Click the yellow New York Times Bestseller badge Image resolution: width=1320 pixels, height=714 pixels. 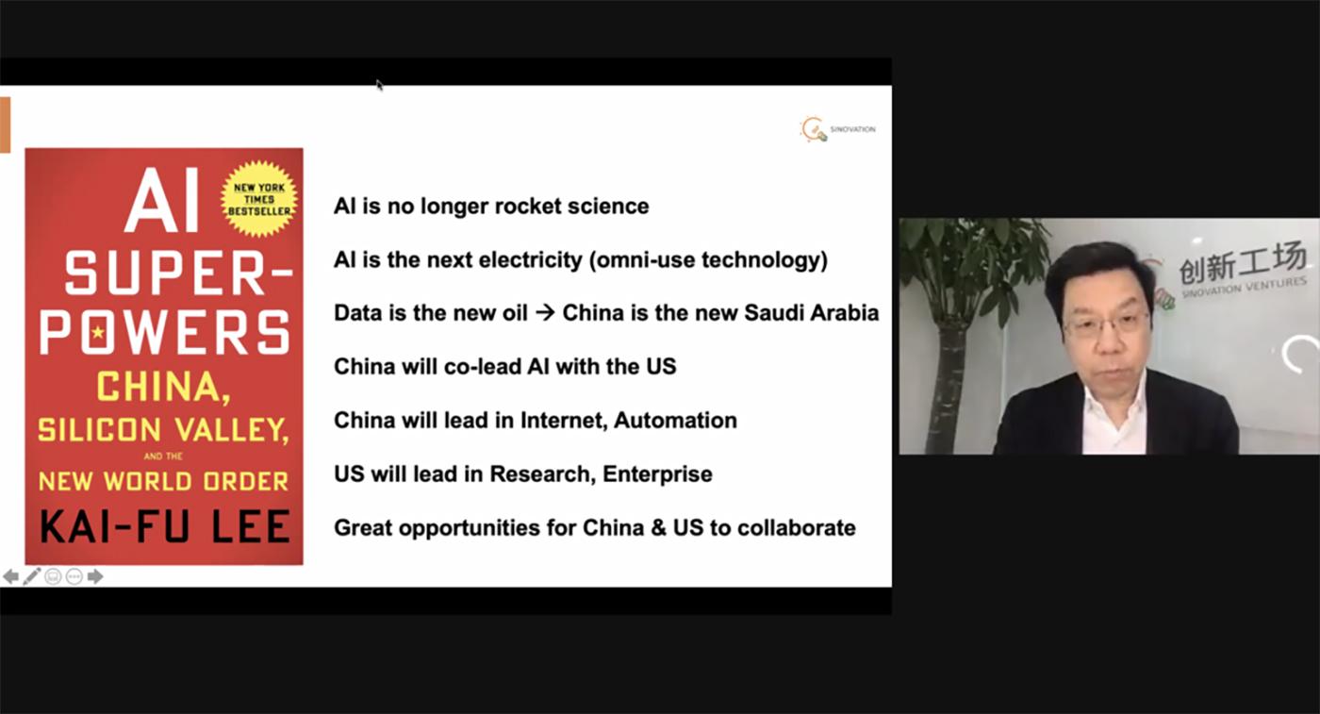point(259,199)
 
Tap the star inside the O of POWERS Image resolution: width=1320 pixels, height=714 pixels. point(98,333)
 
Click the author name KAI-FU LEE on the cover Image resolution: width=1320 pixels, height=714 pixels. point(164,526)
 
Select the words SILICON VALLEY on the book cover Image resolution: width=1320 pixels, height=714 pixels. point(163,429)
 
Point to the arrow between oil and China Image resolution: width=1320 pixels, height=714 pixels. point(545,312)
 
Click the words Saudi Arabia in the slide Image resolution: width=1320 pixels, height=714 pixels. point(812,312)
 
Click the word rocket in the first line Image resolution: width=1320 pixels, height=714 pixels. point(527,207)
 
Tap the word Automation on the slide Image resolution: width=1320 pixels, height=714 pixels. point(675,421)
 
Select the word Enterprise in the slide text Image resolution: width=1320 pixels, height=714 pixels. point(658,474)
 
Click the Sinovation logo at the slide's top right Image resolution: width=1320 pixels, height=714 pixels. point(837,129)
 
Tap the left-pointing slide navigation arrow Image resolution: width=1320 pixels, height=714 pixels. point(10,576)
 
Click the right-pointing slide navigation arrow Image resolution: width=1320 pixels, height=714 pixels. point(95,576)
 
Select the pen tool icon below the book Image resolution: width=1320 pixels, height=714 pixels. point(32,576)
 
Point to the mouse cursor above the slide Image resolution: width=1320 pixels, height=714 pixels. point(379,86)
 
